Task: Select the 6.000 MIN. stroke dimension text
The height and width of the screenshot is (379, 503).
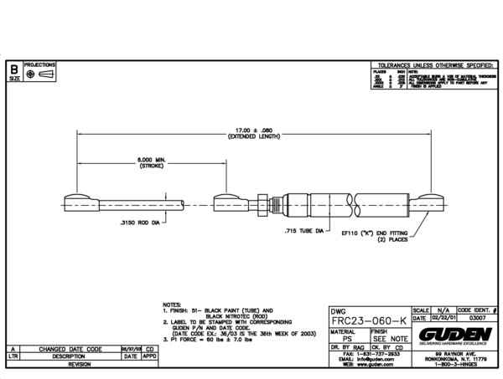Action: (x=128, y=161)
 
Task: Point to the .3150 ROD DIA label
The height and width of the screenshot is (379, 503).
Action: (x=138, y=224)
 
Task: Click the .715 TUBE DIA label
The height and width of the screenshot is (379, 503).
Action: (x=303, y=229)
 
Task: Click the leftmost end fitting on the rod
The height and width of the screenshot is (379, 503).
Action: (x=82, y=201)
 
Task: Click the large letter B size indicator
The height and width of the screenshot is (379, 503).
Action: (x=13, y=67)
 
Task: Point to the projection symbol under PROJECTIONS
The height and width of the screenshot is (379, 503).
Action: (x=39, y=74)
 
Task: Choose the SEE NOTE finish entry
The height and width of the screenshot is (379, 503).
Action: (x=390, y=339)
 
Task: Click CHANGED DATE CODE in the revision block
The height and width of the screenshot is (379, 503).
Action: (x=71, y=348)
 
